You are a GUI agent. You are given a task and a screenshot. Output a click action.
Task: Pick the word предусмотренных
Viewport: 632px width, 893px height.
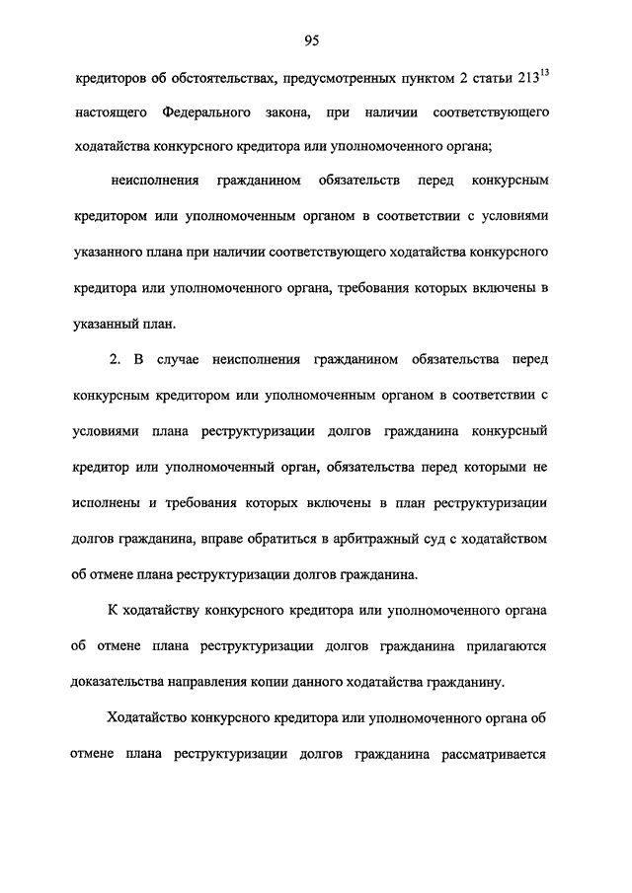323,78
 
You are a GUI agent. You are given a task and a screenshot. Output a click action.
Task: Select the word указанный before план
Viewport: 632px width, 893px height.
112,321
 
